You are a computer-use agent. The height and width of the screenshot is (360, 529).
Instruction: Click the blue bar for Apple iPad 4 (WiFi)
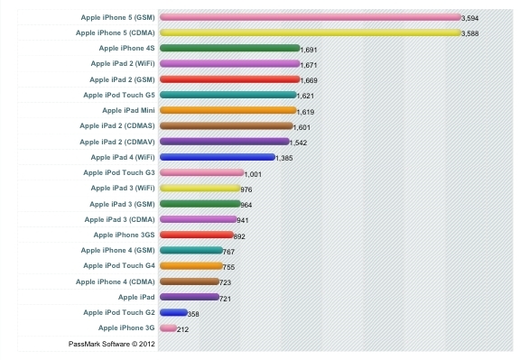coord(217,157)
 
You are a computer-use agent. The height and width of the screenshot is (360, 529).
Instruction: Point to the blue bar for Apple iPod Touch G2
coord(173,312)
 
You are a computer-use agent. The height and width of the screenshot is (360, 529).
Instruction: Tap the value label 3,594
coord(470,18)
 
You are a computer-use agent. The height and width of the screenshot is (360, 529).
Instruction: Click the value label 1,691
coord(309,50)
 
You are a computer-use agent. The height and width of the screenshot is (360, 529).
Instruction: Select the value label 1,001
coord(253,174)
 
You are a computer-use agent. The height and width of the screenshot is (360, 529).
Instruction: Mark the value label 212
coord(183,329)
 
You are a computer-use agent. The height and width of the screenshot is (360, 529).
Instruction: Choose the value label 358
coord(193,314)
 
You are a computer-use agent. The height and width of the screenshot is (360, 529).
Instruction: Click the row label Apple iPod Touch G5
coord(119,95)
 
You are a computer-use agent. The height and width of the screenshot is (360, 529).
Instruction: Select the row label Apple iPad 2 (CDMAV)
coord(117,142)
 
